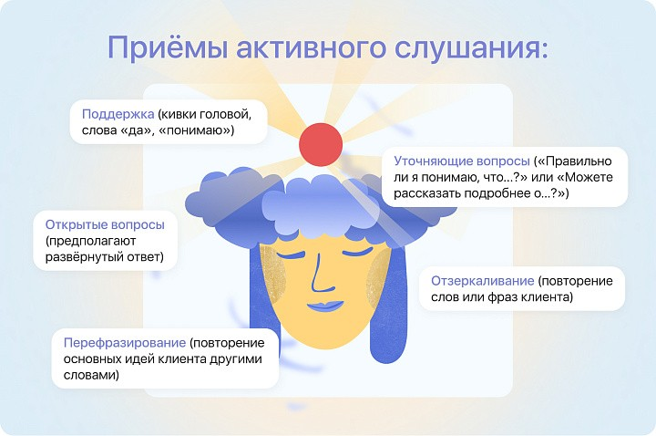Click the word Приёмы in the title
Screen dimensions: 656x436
click(168, 47)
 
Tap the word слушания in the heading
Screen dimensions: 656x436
click(471, 47)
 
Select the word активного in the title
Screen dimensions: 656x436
click(311, 47)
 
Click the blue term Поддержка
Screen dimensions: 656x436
click(118, 114)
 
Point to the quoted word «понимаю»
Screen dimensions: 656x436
click(197, 130)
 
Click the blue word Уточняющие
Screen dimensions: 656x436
click(427, 161)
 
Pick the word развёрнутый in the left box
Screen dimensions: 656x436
click(84, 256)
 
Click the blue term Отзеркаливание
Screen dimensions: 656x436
click(482, 281)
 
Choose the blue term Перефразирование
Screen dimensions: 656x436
click(125, 343)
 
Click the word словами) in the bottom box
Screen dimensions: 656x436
click(91, 375)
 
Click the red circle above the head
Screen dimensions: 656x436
click(321, 144)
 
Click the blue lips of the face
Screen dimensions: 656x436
click(325, 306)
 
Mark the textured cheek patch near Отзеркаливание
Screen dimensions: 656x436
click(379, 277)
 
